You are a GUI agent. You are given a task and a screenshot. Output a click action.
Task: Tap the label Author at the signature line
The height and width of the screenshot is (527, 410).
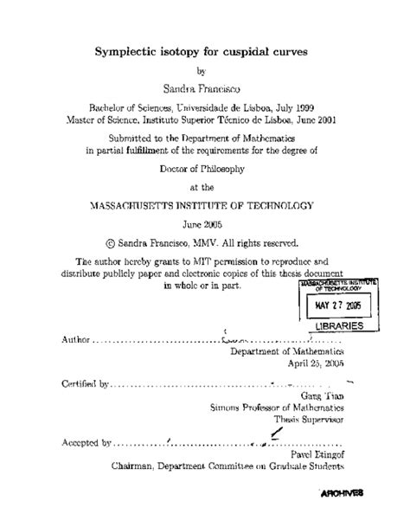76,339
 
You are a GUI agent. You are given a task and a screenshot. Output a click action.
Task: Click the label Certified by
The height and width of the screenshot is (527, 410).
86,382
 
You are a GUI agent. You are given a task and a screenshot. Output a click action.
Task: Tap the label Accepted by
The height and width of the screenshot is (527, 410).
86,441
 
